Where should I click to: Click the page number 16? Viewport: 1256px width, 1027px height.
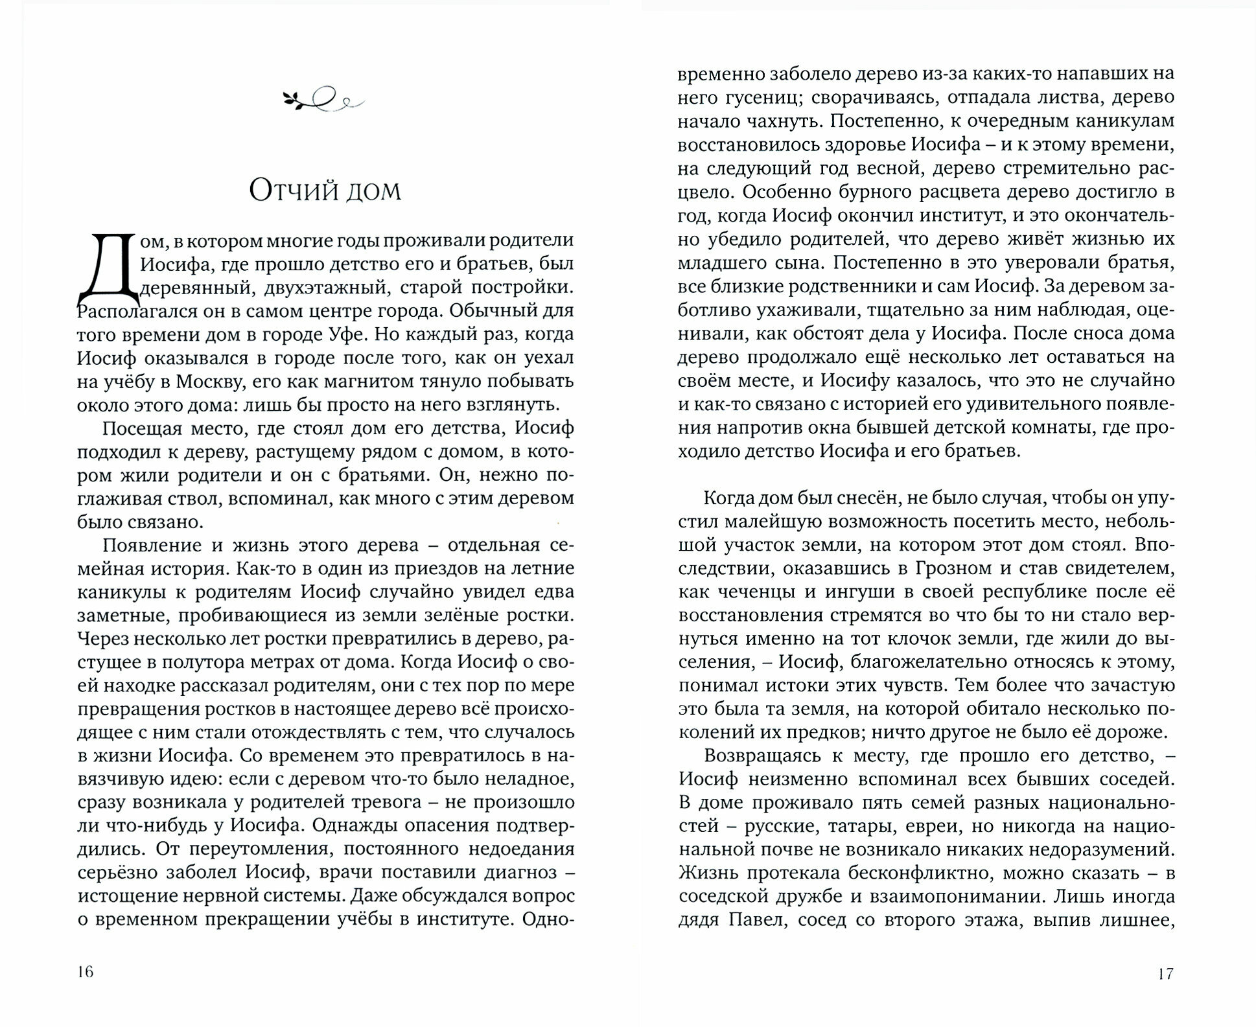click(86, 972)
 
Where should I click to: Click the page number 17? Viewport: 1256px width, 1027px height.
click(1165, 973)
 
